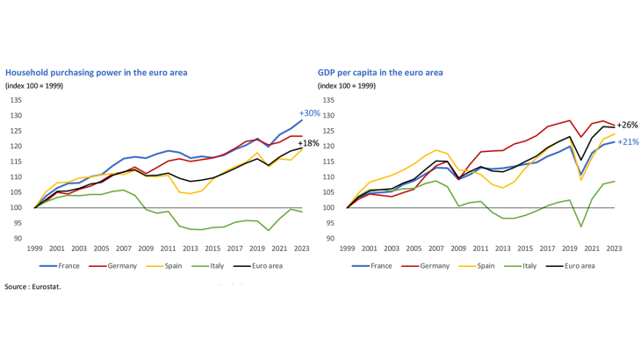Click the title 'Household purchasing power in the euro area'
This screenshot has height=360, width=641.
coord(97,73)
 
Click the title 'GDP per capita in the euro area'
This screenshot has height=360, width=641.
coord(380,73)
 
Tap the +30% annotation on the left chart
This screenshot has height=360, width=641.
coord(310,113)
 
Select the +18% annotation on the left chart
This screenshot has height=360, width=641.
coord(309,143)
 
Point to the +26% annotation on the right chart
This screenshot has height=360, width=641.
coord(627,125)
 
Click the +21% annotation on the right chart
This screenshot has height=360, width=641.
coord(627,141)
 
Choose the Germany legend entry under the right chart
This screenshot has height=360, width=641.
coord(426,265)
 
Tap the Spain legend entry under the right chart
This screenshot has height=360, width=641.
coord(479,265)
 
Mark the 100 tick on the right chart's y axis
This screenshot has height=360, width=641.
coord(329,208)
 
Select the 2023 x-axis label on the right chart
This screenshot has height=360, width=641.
coord(614,249)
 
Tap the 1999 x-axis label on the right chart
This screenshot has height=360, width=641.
coord(348,249)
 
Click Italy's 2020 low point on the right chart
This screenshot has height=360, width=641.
coord(581,227)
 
